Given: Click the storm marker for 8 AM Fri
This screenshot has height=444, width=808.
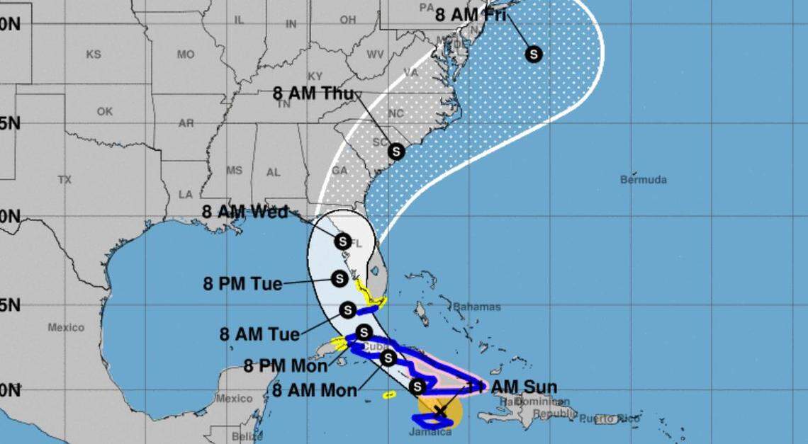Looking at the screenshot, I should [x=533, y=54].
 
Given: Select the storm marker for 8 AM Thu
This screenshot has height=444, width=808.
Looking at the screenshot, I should [x=396, y=151].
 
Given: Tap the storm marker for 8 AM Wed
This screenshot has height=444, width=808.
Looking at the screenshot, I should [x=342, y=241].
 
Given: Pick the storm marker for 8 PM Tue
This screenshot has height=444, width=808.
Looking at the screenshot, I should [x=340, y=278].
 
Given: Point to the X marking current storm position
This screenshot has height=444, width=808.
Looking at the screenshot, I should [x=440, y=410].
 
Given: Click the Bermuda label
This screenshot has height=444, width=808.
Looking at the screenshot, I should [x=643, y=180].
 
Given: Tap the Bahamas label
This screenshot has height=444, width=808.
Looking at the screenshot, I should [x=476, y=307].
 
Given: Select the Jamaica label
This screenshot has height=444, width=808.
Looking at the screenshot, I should [x=430, y=432].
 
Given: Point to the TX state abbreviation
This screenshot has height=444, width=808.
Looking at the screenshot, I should [x=64, y=180].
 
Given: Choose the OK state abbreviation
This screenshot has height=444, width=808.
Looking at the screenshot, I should [x=105, y=112].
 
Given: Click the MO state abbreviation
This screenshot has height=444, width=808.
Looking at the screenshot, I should [x=186, y=55].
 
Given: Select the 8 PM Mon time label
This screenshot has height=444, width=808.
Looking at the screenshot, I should [x=286, y=366].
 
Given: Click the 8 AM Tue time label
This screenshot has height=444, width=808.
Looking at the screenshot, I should [x=259, y=334].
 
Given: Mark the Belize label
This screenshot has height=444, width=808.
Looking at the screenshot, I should [x=232, y=436].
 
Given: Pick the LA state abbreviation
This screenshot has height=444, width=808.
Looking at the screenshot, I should [x=186, y=194].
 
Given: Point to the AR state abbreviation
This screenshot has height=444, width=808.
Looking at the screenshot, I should [x=186, y=123].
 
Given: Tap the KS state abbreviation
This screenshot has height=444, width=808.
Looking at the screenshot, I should [x=94, y=55].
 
